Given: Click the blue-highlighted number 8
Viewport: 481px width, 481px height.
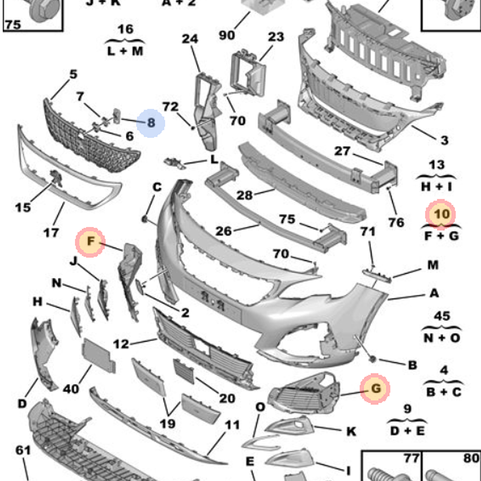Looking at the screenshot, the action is (x=151, y=123).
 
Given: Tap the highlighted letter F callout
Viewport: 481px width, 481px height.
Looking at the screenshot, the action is (x=90, y=242).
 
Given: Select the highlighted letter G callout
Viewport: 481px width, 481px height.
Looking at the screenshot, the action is (x=375, y=389).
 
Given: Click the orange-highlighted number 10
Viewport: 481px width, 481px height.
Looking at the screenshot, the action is (x=441, y=215).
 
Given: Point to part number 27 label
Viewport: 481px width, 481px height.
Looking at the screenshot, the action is (x=342, y=151).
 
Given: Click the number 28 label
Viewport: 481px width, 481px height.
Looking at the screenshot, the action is (x=244, y=195).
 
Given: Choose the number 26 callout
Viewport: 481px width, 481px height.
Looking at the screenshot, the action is (x=224, y=231).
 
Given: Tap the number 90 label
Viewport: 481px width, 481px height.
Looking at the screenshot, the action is (x=227, y=35).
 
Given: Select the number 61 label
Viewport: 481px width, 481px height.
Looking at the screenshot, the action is (x=23, y=450).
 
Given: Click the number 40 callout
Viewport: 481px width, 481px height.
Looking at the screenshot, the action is (x=71, y=389).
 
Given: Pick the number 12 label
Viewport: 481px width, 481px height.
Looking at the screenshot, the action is (x=121, y=344).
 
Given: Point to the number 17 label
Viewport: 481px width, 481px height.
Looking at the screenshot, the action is (x=51, y=233).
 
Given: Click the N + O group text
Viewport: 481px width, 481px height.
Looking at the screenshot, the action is (x=442, y=338).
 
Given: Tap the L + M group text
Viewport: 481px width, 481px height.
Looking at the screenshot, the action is (x=125, y=51).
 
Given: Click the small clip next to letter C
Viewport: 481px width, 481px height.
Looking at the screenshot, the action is (x=144, y=219).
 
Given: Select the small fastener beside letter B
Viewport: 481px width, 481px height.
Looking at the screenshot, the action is (x=372, y=359).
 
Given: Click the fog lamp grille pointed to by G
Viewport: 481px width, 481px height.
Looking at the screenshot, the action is (x=304, y=392).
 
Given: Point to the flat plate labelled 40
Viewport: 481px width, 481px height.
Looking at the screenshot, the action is (x=98, y=355).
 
